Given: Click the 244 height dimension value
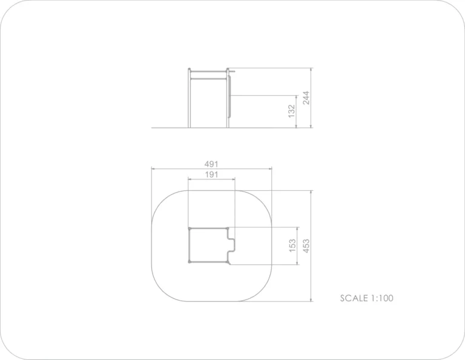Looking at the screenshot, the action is pyautogui.click(x=306, y=98).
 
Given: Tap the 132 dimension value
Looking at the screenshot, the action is pyautogui.click(x=292, y=111).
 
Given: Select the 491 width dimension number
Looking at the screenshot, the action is pyautogui.click(x=211, y=164).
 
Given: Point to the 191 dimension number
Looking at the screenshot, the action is pyautogui.click(x=211, y=175).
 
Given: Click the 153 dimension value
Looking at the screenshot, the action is pyautogui.click(x=292, y=245).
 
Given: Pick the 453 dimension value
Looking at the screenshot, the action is pyautogui.click(x=306, y=245).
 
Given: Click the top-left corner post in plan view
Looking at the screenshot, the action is pyautogui.click(x=190, y=228).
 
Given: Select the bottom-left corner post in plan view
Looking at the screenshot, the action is pyautogui.click(x=190, y=262).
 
